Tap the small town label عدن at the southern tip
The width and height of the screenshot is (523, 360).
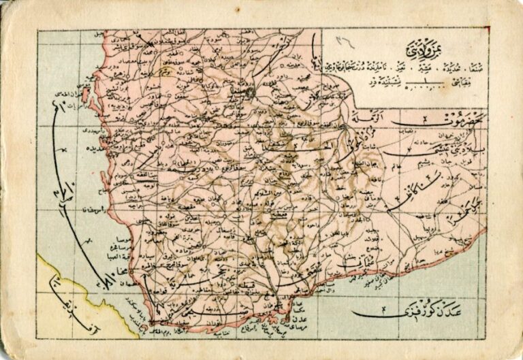point(300,316)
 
